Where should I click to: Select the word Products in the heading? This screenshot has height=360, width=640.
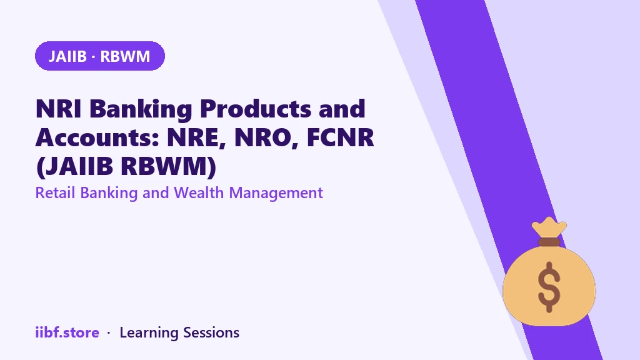pyautogui.click(x=256, y=109)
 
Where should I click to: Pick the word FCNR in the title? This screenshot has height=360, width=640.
pyautogui.click(x=341, y=137)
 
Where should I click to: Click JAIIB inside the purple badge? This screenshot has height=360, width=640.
pyautogui.click(x=67, y=56)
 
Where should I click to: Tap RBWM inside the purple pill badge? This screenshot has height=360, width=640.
pyautogui.click(x=125, y=56)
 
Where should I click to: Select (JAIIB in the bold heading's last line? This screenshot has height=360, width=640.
pyautogui.click(x=74, y=166)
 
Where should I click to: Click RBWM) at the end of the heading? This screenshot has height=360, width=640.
pyautogui.click(x=169, y=166)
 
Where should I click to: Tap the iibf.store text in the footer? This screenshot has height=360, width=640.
pyautogui.click(x=67, y=332)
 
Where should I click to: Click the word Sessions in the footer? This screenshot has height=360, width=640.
pyautogui.click(x=211, y=332)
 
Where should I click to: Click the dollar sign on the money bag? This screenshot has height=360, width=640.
pyautogui.click(x=549, y=286)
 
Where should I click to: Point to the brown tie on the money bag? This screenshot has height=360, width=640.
pyautogui.click(x=549, y=242)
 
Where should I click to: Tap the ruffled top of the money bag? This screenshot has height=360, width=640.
pyautogui.click(x=549, y=227)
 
